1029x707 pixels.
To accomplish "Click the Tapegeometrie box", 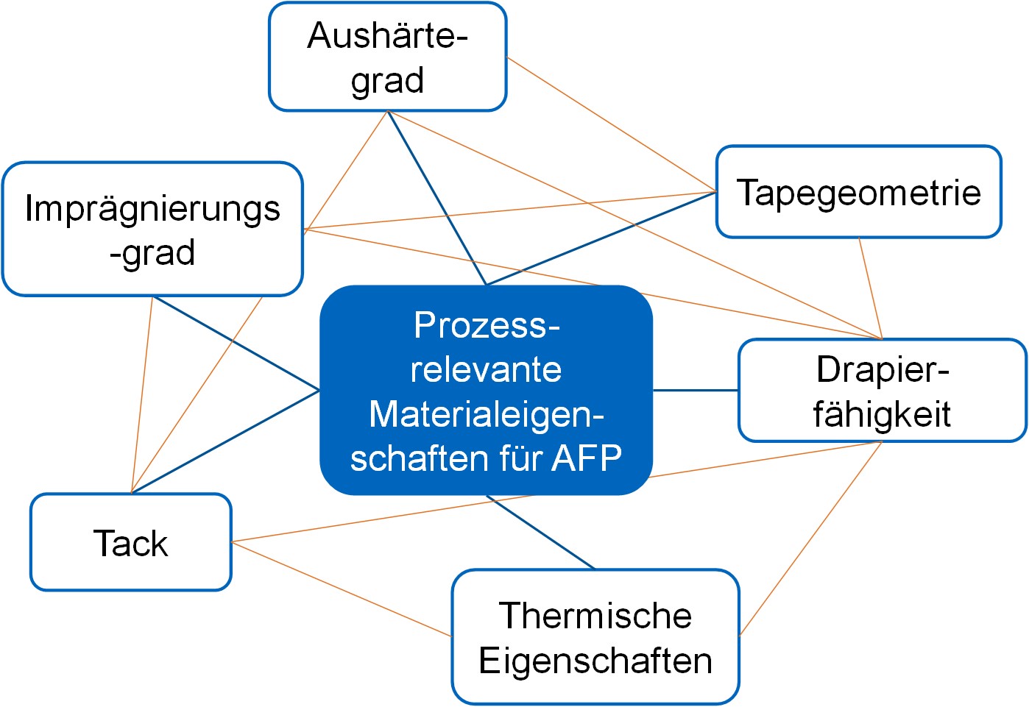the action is coord(858,192).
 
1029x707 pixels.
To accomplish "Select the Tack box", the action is coord(131,542).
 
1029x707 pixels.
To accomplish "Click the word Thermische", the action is coord(595,616).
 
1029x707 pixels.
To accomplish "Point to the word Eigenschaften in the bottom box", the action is coord(595,661).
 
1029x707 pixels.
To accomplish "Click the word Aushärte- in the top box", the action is coord(387,35).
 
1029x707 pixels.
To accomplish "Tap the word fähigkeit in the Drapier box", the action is coord(882,414).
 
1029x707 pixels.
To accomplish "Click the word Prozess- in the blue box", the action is coord(487,325).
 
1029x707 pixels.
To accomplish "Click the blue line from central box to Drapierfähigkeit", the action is coord(696,390).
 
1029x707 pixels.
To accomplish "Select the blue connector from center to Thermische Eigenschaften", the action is coord(541,532).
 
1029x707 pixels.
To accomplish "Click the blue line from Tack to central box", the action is coord(225,441).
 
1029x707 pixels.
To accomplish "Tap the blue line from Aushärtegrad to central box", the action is coord(437,198).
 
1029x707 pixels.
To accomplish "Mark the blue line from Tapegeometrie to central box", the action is coord(601,238).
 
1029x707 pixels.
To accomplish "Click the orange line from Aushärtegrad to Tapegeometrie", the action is coord(612,124).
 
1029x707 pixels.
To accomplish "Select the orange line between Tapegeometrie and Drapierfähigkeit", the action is coord(871,288).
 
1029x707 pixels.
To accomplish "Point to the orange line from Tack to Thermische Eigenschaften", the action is coord(342,589).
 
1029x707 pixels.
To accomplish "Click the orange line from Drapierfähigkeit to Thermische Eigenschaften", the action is coord(811,539).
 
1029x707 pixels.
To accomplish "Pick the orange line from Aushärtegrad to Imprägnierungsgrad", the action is coord(345,170).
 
